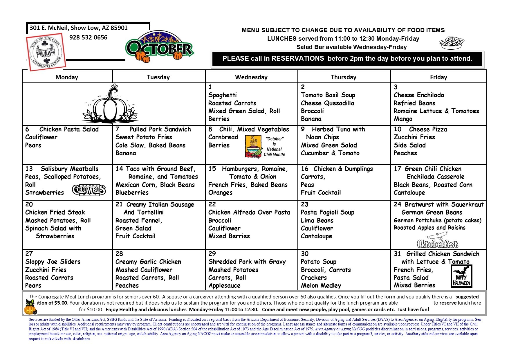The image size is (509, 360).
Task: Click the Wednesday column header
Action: [251, 77]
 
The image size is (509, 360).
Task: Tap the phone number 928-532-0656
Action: [88, 37]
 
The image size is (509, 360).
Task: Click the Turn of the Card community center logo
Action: [46, 52]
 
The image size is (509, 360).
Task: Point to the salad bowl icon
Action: [451, 43]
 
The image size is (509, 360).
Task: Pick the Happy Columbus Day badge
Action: [89, 190]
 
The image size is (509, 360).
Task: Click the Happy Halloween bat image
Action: [461, 276]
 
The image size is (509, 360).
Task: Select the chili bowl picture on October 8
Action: [253, 147]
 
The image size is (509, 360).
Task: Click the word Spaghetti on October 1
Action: [223, 95]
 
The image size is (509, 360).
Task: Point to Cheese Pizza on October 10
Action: [428, 129]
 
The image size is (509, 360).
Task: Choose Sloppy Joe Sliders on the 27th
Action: [53, 262]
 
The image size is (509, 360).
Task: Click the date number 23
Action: [305, 204]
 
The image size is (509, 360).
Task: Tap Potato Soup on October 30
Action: [318, 262]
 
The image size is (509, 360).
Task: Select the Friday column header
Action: [438, 77]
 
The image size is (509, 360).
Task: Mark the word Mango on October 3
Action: [403, 119]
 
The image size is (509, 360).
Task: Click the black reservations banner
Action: [347, 59]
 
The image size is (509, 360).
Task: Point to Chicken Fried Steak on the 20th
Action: [55, 213]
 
